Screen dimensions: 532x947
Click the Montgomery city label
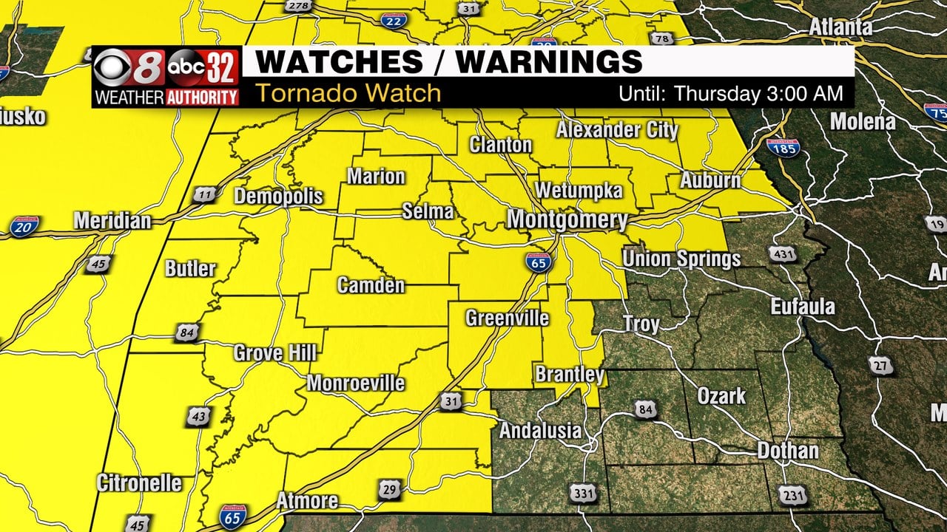coord(567,219)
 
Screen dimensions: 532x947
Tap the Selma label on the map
coord(428,211)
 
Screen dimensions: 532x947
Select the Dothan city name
coord(788,451)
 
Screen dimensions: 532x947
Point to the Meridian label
coord(112,221)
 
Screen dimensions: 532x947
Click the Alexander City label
coord(617,131)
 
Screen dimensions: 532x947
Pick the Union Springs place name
coord(681,259)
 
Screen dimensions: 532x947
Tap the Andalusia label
coord(541,431)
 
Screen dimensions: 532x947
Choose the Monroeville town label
coord(356,383)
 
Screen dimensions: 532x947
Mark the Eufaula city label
coord(803,307)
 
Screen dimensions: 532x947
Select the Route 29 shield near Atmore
coord(391,488)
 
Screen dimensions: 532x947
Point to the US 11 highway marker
coord(205,195)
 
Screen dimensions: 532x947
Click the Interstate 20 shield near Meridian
coord(24,227)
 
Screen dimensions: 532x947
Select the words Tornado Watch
coord(348,94)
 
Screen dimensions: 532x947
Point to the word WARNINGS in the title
coord(549,62)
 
